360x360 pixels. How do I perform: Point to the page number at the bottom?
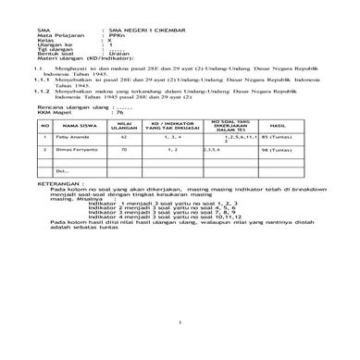click(x=180, y=322)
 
